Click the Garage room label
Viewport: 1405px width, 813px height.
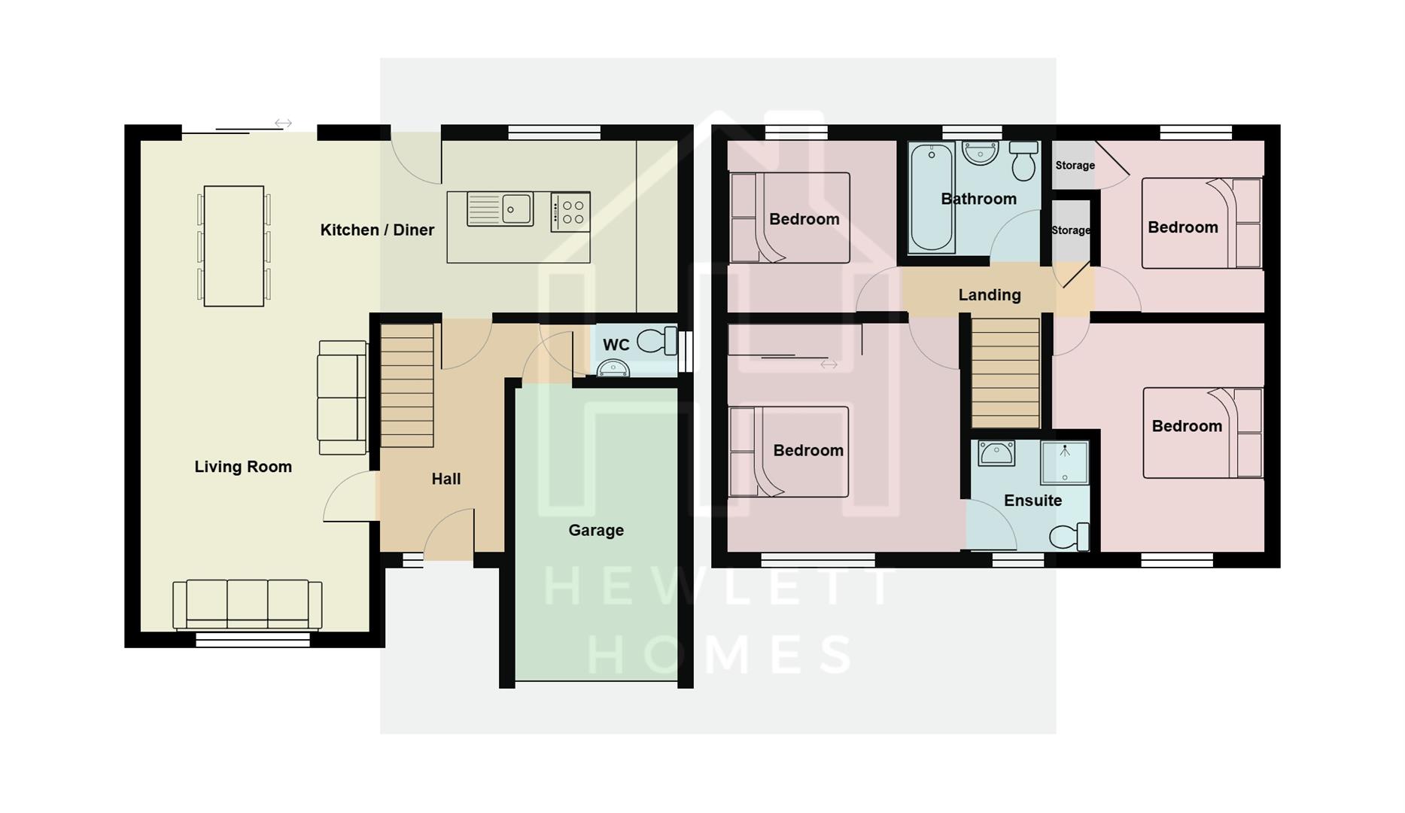595,530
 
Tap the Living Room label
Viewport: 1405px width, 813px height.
243,467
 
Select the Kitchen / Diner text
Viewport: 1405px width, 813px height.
377,230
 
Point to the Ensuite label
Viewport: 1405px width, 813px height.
1032,501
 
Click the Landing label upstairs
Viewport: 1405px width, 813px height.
989,295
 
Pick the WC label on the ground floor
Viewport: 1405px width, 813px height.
616,345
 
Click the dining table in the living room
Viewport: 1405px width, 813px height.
234,246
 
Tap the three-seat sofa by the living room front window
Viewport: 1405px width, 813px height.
248,603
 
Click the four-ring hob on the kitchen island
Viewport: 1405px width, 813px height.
570,212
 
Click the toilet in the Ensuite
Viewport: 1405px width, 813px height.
1069,537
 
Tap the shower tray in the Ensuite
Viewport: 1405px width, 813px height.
1064,461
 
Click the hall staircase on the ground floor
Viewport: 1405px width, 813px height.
407,384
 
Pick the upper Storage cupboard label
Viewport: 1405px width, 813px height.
1074,166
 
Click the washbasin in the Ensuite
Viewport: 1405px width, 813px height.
996,453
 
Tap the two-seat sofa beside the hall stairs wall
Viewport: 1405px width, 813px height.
342,397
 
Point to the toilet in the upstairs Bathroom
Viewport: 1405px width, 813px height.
1023,161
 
